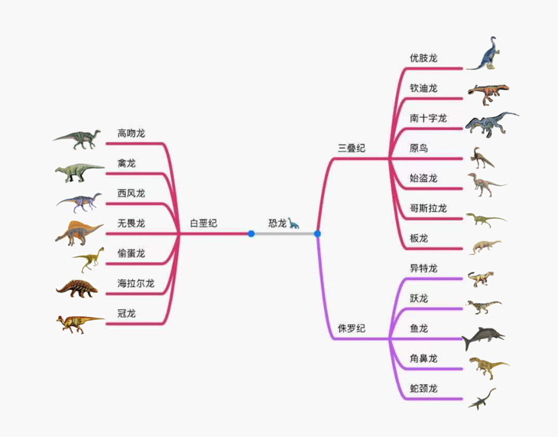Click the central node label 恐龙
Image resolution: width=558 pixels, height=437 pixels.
point(277,223)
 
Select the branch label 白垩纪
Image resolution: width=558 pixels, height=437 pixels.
point(203,223)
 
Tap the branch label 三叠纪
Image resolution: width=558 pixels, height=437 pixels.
point(352,148)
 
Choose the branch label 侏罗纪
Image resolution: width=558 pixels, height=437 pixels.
point(352,328)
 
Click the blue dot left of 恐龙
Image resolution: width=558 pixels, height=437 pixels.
point(251,233)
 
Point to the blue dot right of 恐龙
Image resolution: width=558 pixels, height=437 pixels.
point(317,233)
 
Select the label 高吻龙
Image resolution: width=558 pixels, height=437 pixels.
point(131,133)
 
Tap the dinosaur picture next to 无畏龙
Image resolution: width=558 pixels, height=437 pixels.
point(79,233)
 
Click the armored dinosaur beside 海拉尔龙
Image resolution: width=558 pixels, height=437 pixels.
point(77,289)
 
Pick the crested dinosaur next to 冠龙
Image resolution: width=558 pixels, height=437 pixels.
point(79,322)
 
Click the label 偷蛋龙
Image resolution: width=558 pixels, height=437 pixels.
point(131,253)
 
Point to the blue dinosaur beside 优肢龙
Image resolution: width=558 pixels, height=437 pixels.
point(486,54)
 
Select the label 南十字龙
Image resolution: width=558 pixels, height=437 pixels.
point(428,118)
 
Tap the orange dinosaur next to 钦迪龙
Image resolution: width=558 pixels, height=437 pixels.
point(487,93)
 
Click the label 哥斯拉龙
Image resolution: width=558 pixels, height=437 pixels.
point(428,208)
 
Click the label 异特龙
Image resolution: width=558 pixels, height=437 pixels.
point(423,269)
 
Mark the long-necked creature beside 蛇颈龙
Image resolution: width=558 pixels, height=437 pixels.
point(482,397)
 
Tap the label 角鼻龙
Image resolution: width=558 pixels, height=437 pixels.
point(423,358)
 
